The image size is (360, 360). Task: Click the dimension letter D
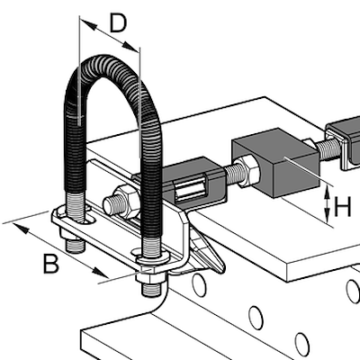118,22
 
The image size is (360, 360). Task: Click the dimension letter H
342,208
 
